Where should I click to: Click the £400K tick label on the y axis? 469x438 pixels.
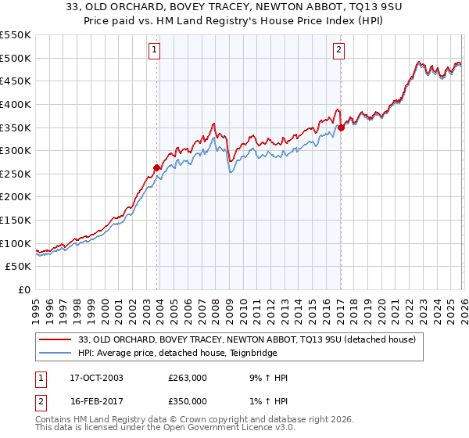(x=16, y=104)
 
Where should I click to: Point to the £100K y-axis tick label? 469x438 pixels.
(x=16, y=243)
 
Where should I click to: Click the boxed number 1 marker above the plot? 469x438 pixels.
(x=155, y=51)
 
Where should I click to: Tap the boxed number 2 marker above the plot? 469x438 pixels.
(x=338, y=51)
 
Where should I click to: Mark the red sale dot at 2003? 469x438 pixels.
(x=157, y=167)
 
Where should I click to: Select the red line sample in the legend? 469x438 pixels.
(x=56, y=339)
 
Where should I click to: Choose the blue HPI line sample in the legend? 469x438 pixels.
(x=56, y=353)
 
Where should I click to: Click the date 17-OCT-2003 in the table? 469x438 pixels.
(x=91, y=378)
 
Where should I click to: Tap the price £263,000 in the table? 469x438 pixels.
(x=188, y=378)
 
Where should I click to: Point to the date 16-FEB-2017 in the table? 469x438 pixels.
(x=91, y=401)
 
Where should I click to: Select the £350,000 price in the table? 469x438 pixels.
(x=188, y=401)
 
